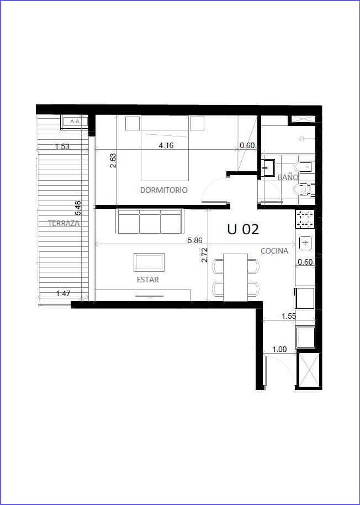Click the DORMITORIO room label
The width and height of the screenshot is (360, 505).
click(163, 190)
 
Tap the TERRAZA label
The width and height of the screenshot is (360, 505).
click(63, 223)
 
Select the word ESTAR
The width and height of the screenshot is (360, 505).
click(147, 280)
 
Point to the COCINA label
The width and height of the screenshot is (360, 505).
click(274, 251)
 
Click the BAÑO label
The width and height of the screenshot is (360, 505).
click(288, 177)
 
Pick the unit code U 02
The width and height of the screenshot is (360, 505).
click(243, 229)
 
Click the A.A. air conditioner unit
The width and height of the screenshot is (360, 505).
click(75, 122)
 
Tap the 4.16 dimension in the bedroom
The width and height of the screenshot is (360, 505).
click(166, 145)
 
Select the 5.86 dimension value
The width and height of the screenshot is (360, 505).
click(195, 240)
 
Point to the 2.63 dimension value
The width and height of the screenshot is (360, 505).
click(113, 161)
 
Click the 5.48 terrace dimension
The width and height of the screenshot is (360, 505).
click(77, 208)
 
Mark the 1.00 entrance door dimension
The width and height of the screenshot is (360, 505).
click(279, 349)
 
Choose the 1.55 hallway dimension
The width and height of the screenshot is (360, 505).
click(289, 316)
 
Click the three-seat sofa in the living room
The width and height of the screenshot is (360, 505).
click(150, 222)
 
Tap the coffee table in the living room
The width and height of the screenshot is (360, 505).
click(149, 262)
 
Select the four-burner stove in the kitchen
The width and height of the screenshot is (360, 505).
click(305, 219)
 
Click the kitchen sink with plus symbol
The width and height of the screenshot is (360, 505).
click(305, 243)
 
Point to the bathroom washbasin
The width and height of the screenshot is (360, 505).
click(268, 167)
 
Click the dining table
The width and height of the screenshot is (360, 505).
click(236, 277)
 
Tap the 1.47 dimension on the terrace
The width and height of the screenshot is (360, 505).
click(63, 293)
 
